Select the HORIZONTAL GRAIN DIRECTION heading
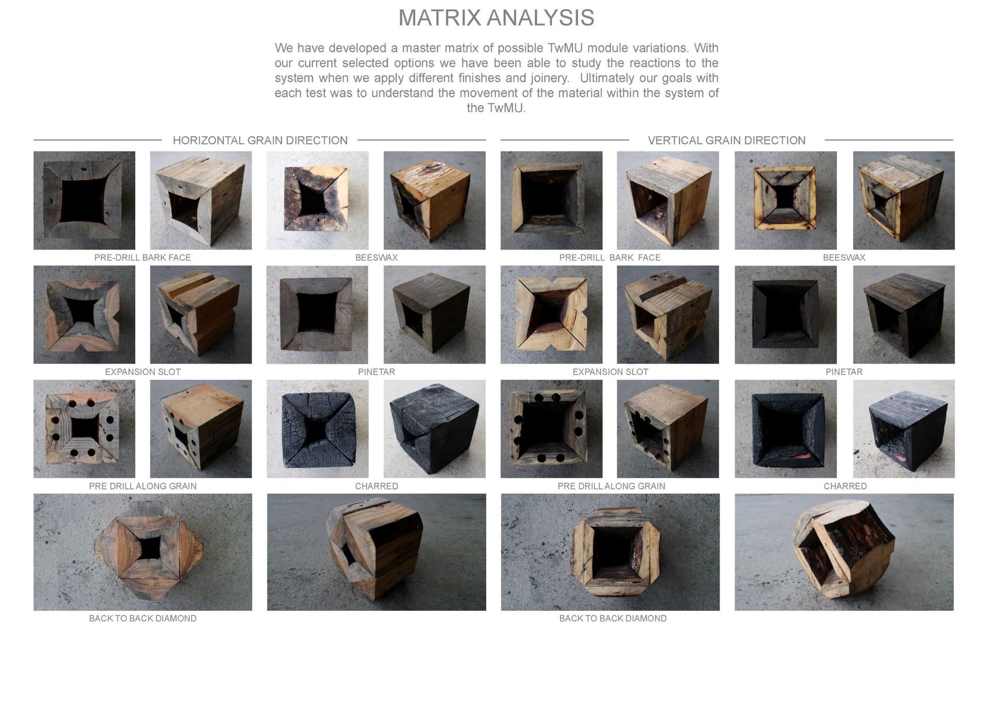point(260,140)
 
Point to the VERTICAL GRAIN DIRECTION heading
point(726,140)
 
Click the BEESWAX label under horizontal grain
point(377,257)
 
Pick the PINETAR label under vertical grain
point(844,372)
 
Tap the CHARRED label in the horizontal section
point(377,486)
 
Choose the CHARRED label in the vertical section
point(845,486)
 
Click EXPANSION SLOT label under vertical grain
point(610,372)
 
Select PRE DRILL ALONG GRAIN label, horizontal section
point(143,486)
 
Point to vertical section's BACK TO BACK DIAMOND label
point(613,618)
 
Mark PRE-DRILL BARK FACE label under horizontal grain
point(143,257)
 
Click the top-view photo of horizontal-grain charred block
point(318,429)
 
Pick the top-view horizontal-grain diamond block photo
point(143,552)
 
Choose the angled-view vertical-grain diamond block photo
point(844,552)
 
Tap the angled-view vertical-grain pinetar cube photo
point(904,315)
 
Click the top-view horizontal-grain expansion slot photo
point(84,315)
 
